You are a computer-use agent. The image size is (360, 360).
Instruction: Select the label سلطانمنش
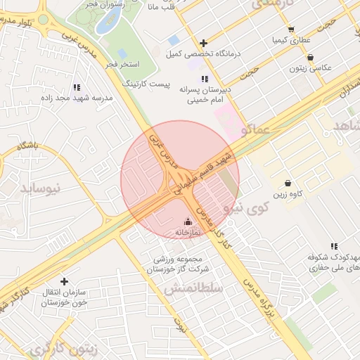[x=193, y=288]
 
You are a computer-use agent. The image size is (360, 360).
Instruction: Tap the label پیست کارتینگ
[x=147, y=84]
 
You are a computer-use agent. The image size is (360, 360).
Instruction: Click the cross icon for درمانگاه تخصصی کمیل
[x=203, y=44]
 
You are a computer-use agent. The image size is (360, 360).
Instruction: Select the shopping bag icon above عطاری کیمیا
[x=291, y=30]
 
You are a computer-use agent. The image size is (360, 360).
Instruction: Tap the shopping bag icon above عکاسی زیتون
[x=311, y=58]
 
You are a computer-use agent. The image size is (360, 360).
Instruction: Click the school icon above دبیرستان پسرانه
[x=205, y=79]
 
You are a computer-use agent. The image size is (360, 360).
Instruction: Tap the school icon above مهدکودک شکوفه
[x=333, y=246]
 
